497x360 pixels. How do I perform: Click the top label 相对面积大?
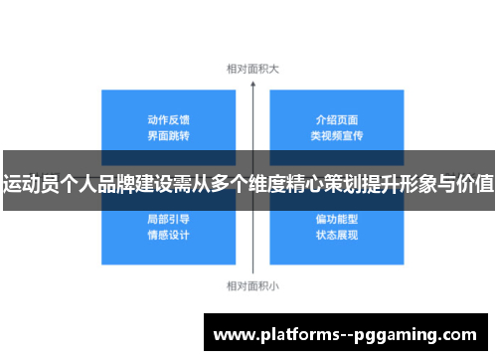[x=252, y=69]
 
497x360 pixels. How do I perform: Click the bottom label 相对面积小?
[x=252, y=286]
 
